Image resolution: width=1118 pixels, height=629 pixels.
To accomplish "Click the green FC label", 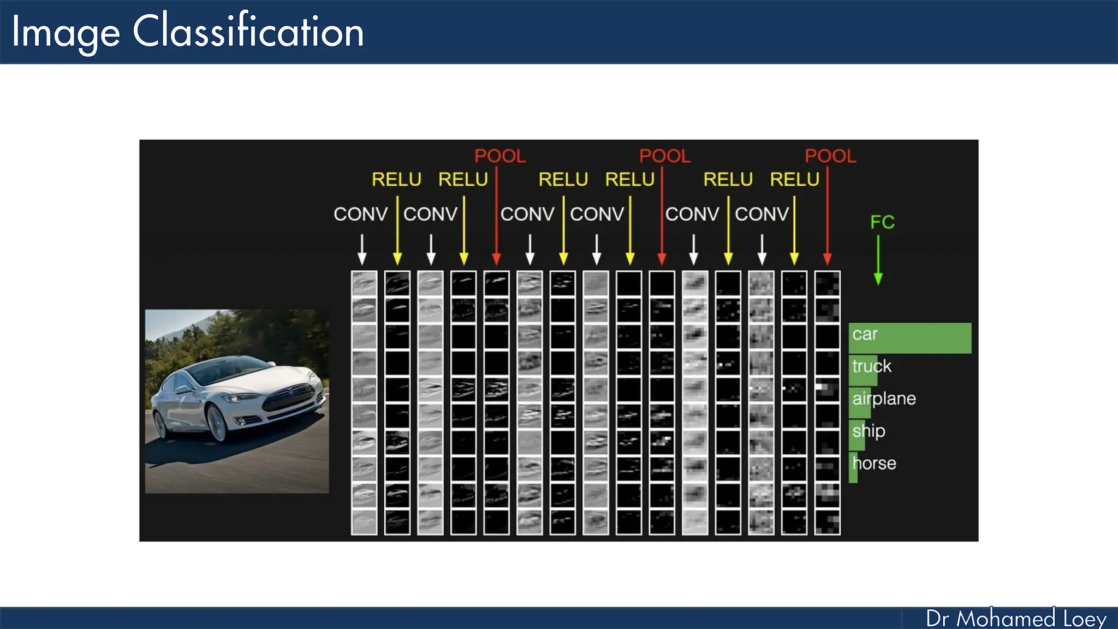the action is coord(882,222).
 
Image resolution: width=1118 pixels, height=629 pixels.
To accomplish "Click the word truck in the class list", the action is coord(872,366).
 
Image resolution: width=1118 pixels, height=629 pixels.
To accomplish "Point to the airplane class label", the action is coord(884,399).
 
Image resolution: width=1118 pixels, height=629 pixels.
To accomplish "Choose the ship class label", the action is coord(869,431).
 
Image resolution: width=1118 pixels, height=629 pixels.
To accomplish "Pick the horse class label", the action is coord(874,464).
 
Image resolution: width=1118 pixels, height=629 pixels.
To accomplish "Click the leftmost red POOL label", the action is coord(499,156).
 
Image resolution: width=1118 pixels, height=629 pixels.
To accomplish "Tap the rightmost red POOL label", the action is coord(830,156).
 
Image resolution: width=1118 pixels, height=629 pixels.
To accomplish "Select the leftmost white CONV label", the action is coord(360,214).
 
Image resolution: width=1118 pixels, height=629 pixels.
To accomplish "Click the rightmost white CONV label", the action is coord(762,214).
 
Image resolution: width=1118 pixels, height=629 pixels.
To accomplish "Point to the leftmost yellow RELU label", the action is coord(396,180).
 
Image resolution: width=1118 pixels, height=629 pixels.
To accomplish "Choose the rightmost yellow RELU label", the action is coord(794,180).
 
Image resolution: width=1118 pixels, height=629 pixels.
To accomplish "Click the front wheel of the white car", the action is coord(217,424).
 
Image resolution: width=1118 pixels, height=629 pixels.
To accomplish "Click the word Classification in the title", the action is coord(248,32).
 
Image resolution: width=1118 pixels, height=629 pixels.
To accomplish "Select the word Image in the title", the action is coord(66,33).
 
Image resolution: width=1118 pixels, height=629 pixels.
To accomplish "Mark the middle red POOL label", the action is coord(664,156).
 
